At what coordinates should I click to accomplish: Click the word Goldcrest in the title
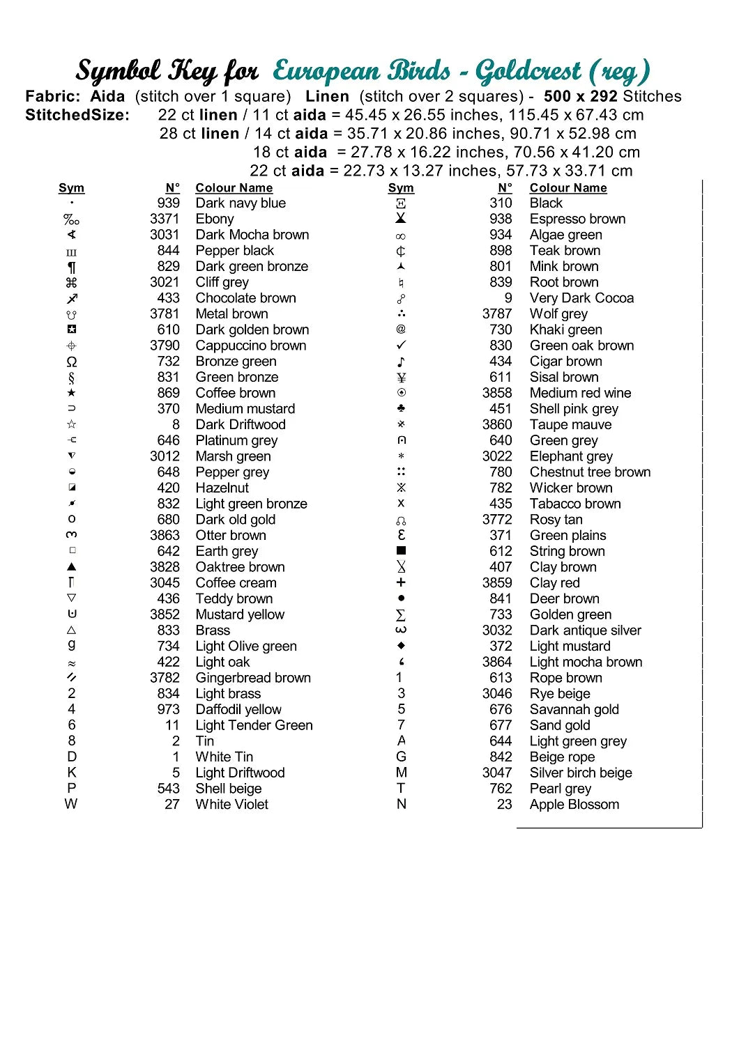click(x=528, y=71)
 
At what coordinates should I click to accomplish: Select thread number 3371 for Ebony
click(x=165, y=219)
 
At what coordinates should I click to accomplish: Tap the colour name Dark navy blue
click(x=241, y=203)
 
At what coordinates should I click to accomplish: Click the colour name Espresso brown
click(x=577, y=219)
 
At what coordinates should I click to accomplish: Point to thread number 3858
click(x=497, y=393)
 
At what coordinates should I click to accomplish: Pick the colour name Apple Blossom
click(x=574, y=804)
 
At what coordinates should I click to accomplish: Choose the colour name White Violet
click(x=231, y=804)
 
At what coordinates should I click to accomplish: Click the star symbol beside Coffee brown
click(x=71, y=393)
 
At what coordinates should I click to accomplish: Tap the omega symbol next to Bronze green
click(x=71, y=362)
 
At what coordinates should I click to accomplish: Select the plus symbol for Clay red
click(x=401, y=582)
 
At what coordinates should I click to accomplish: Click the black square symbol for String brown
click(x=401, y=551)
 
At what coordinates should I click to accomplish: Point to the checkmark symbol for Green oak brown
click(x=401, y=346)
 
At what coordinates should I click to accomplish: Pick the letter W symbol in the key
click(x=71, y=804)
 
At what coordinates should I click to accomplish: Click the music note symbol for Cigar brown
click(x=401, y=362)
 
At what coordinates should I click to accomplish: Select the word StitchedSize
click(x=77, y=115)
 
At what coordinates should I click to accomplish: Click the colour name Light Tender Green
click(x=254, y=725)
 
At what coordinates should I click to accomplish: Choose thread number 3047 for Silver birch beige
click(x=497, y=773)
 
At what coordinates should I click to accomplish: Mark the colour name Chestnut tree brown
click(x=590, y=472)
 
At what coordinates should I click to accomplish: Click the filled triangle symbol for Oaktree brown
click(x=71, y=567)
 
